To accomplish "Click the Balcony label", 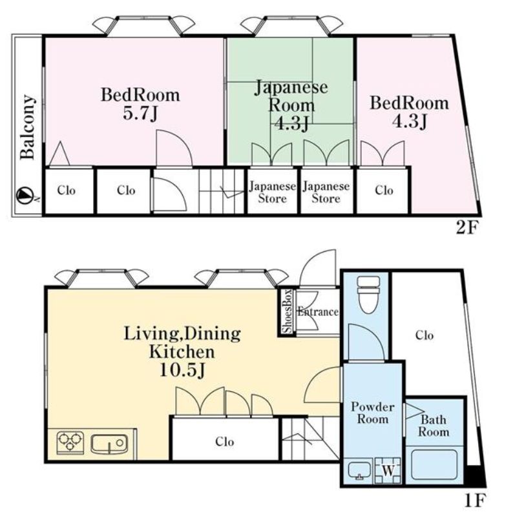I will tap(27, 127).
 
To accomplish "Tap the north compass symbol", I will tap(24, 194).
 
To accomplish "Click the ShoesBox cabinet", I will tap(287, 312).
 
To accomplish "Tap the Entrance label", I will tap(319, 312).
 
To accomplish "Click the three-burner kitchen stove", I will tap(72, 443).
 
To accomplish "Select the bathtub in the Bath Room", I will tap(434, 463).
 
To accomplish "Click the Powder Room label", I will tap(373, 413).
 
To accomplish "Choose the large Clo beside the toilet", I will tap(424, 335).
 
